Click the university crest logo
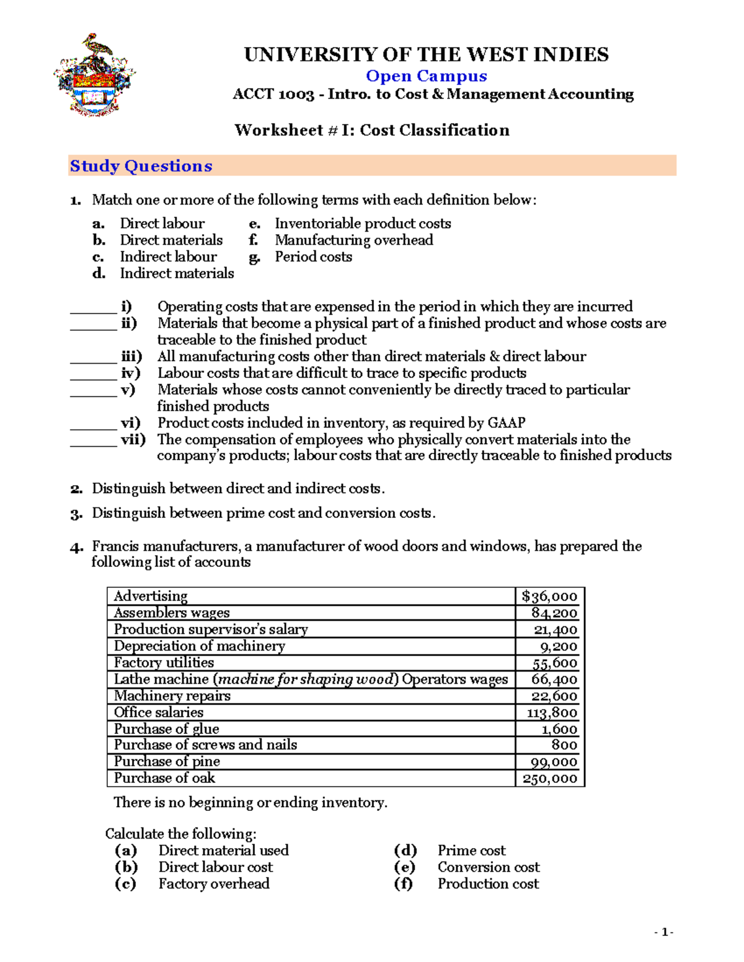point(94,76)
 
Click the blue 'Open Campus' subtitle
point(426,76)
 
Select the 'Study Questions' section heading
point(141,166)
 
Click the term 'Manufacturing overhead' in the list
point(354,240)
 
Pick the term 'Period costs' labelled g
point(313,257)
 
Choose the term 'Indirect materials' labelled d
point(177,274)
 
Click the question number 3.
point(76,514)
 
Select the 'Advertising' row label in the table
point(151,596)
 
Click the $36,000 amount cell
point(549,597)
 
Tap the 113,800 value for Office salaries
point(552,713)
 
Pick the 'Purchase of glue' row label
point(166,729)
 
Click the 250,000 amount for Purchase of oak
point(549,779)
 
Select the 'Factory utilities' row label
point(164,663)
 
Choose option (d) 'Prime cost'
point(471,850)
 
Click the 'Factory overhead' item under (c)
point(214,884)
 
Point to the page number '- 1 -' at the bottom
point(664,932)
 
